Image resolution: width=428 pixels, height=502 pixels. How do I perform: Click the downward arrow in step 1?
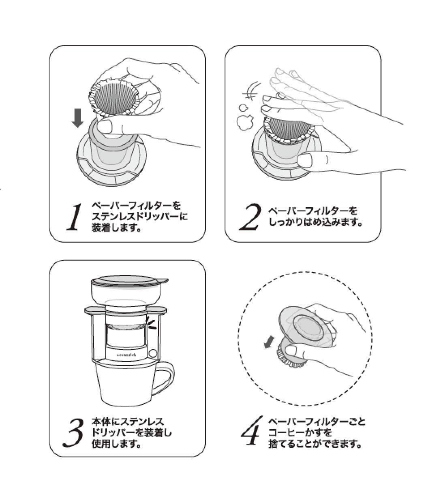[x=77, y=118]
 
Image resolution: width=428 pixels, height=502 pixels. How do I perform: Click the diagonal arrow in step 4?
[x=269, y=342]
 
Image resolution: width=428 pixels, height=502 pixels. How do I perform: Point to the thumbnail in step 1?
[x=105, y=125]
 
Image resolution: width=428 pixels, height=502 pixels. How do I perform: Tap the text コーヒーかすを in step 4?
[x=300, y=432]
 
